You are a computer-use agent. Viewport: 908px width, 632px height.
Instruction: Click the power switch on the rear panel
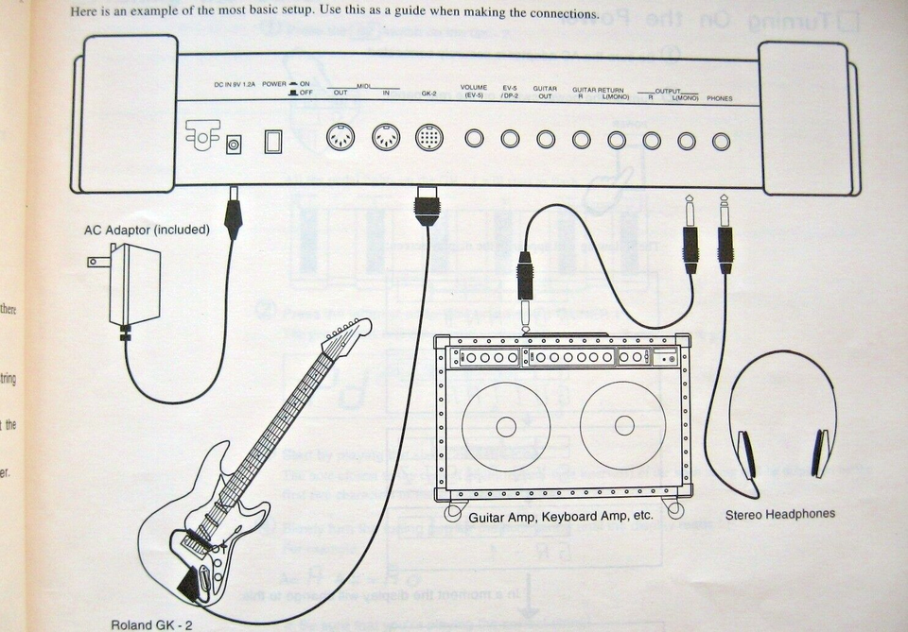(x=273, y=142)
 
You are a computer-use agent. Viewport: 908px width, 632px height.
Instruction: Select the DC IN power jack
(x=233, y=144)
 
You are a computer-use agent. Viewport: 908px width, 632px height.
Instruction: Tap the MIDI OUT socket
(x=340, y=139)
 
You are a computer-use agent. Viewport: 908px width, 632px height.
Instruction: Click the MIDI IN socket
(x=384, y=139)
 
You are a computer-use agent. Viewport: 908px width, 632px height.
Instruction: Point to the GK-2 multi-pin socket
(x=428, y=139)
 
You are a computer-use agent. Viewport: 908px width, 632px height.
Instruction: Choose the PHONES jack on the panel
(x=722, y=141)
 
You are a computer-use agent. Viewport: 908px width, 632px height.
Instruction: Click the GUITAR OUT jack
(x=546, y=140)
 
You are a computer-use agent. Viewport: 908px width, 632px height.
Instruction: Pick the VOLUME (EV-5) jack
(x=475, y=139)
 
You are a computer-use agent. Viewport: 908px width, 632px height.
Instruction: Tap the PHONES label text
(x=719, y=98)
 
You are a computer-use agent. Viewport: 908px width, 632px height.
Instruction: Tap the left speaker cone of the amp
(x=506, y=426)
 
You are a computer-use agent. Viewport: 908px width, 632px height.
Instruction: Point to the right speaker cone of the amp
(x=624, y=426)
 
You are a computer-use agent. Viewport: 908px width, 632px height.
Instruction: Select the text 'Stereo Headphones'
(x=780, y=515)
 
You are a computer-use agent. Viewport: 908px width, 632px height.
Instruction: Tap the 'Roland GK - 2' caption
(x=150, y=624)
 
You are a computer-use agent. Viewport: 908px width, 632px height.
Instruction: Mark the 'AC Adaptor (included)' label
(x=147, y=230)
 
